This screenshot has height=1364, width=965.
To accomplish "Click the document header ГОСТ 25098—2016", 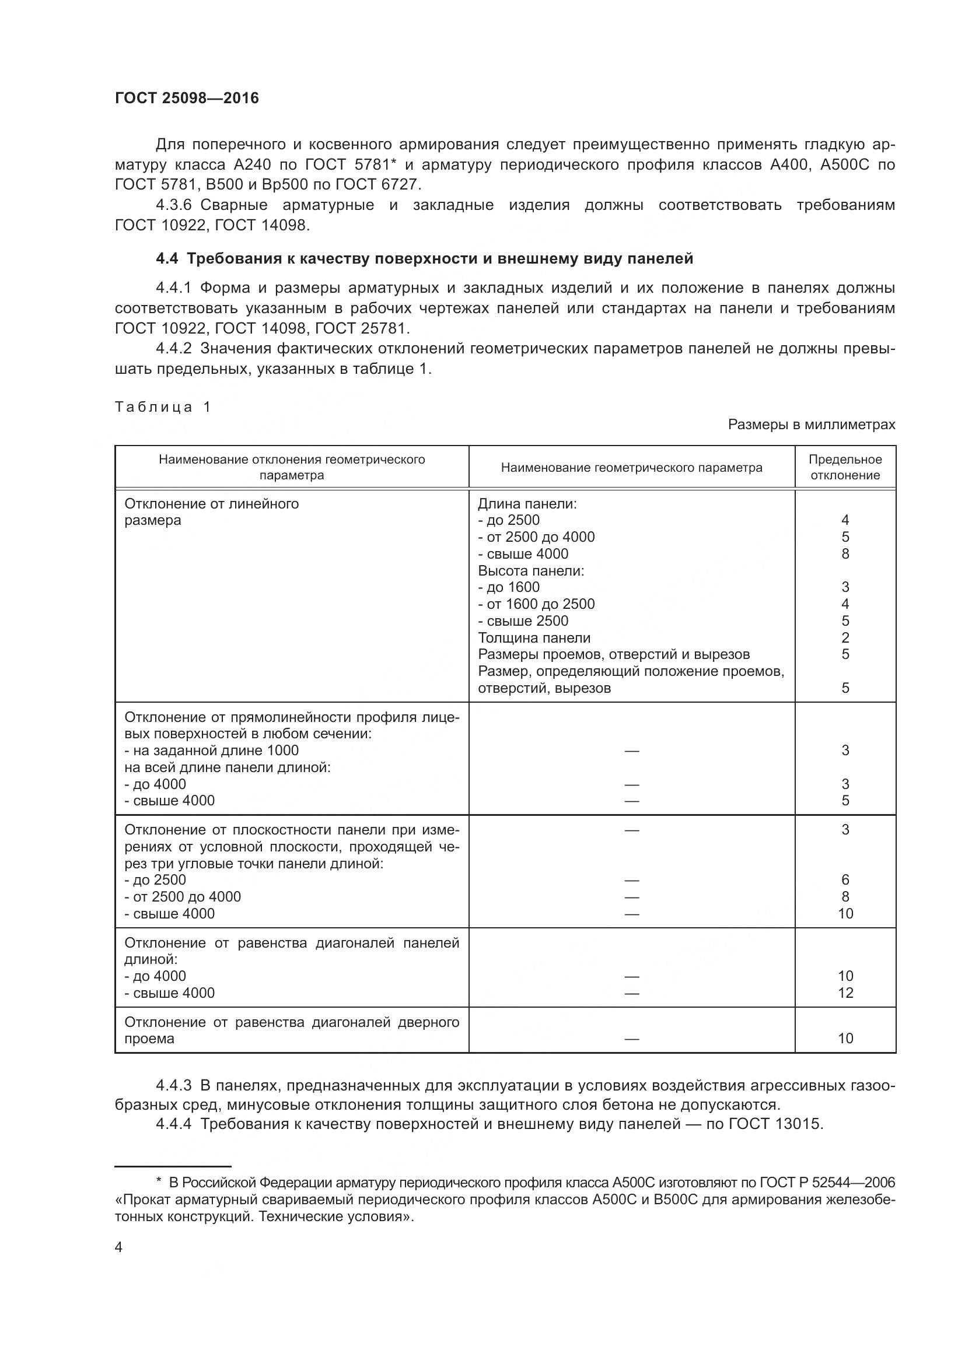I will (187, 98).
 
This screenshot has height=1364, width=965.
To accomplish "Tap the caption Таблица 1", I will (163, 407).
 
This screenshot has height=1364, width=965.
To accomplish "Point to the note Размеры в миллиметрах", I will (811, 425).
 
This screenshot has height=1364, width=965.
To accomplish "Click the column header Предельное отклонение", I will (845, 468).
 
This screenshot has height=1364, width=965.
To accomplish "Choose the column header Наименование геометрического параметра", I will (631, 468).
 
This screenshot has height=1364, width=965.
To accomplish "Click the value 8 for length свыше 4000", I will (845, 553).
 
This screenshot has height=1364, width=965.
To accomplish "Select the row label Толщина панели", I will (534, 638).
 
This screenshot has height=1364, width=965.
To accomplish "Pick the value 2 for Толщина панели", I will (845, 638).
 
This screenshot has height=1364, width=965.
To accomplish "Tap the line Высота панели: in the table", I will (530, 571).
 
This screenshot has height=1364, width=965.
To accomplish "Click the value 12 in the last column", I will (845, 993).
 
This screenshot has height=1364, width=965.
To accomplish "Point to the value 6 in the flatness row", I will (845, 880).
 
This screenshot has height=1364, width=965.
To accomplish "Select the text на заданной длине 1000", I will (215, 751).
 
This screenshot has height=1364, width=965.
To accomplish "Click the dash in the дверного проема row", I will (631, 1039).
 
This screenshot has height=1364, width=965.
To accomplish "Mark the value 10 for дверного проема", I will (845, 1039).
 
